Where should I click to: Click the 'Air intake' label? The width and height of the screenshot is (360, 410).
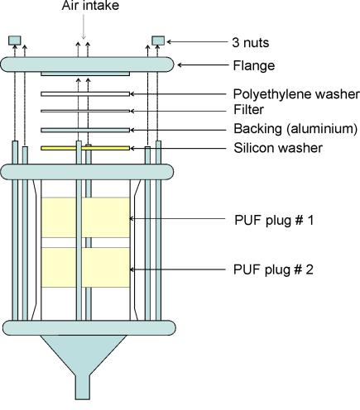click(x=90, y=6)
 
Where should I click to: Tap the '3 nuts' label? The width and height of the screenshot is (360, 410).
click(x=251, y=43)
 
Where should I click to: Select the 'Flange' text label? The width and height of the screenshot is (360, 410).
click(x=254, y=65)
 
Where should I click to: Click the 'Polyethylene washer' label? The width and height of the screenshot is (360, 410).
click(x=296, y=94)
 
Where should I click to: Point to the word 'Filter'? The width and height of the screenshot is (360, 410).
click(x=248, y=110)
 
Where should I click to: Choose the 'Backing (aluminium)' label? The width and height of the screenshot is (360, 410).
click(x=295, y=129)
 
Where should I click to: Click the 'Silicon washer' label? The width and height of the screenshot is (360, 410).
click(x=278, y=148)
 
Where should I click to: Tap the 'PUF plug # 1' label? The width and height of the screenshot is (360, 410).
click(x=274, y=221)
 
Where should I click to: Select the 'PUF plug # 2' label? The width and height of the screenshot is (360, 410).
click(x=273, y=269)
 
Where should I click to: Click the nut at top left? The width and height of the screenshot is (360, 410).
click(x=14, y=41)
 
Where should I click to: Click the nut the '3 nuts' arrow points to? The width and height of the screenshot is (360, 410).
click(x=158, y=41)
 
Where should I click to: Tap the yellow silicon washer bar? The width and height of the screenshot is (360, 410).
click(x=85, y=148)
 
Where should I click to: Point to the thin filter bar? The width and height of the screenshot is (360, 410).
click(x=85, y=111)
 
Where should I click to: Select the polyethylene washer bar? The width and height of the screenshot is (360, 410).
click(x=85, y=94)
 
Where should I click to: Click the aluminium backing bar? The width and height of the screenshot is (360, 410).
click(x=85, y=130)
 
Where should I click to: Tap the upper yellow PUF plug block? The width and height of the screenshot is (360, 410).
click(x=85, y=217)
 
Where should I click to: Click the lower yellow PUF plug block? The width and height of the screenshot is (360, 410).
click(x=85, y=267)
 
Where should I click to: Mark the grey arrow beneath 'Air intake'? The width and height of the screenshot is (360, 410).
click(x=84, y=26)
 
